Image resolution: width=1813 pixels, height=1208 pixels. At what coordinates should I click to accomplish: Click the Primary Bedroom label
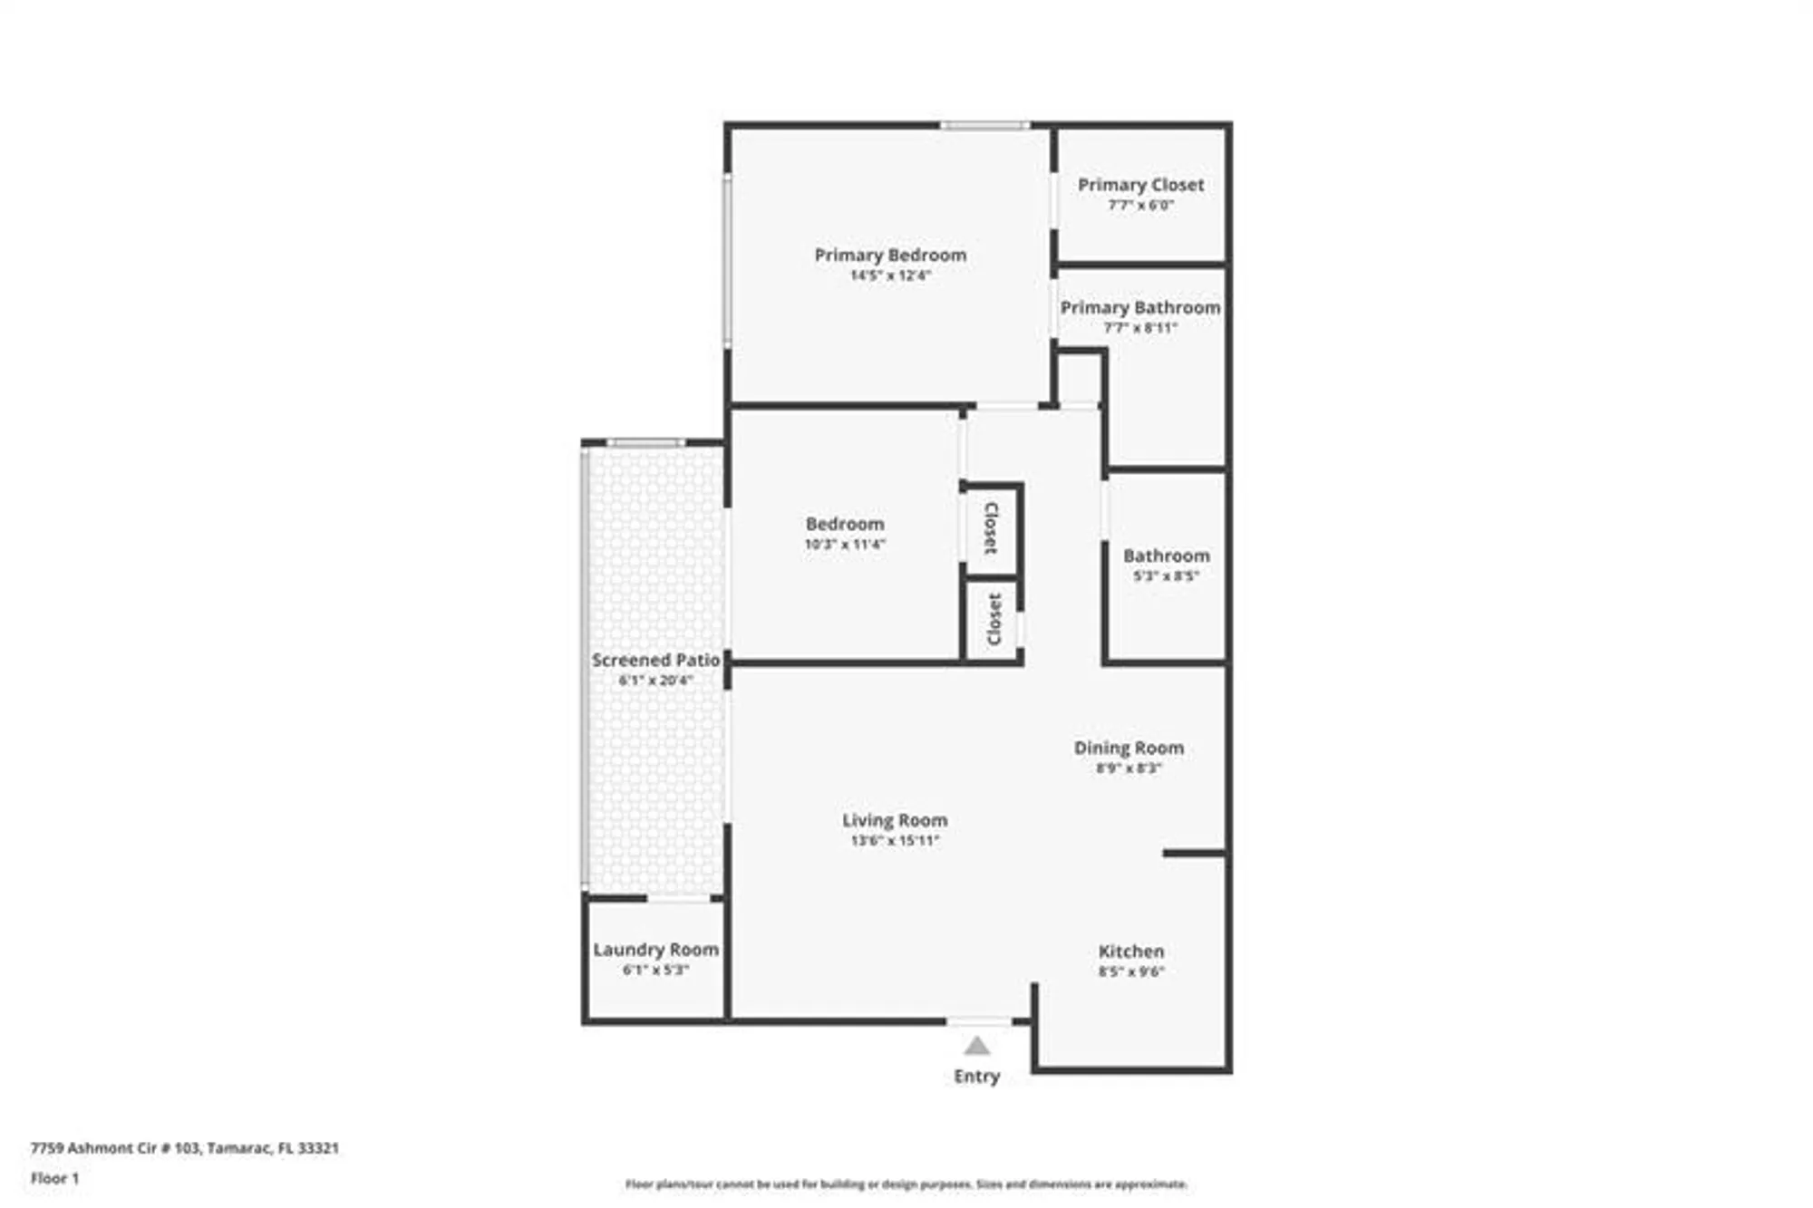(890, 256)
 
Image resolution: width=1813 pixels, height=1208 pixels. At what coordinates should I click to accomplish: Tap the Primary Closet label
(1140, 185)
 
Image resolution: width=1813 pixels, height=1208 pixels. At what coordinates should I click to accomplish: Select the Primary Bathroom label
(1139, 308)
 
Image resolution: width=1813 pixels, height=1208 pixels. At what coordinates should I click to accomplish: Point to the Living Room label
(895, 820)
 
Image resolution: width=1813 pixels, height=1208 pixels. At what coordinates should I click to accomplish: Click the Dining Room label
(1129, 748)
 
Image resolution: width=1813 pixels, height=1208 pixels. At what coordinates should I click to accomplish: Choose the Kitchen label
(1130, 952)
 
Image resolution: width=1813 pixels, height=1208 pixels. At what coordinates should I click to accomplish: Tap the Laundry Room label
(655, 950)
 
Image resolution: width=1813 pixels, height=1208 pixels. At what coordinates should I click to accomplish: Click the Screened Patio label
(655, 660)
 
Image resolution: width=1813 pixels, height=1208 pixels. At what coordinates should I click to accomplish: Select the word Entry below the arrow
(976, 1077)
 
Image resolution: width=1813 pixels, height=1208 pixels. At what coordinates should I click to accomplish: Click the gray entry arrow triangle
(976, 1047)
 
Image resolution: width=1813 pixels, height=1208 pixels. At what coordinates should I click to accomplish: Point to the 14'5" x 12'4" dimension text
(890, 275)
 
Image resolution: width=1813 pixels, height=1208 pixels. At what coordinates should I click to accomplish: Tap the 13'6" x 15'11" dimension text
(895, 841)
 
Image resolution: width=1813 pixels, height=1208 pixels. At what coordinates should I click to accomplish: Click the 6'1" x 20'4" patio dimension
(655, 681)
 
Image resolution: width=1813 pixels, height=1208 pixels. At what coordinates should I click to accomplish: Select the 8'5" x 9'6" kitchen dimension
(1130, 971)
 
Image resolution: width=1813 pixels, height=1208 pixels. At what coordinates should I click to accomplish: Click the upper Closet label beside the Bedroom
(992, 528)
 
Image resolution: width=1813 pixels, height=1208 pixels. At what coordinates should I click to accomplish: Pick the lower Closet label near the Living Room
(994, 620)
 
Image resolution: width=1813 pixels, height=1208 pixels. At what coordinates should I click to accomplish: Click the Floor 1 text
(54, 1178)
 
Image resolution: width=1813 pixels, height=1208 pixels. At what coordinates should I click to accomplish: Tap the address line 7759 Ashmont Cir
(184, 1148)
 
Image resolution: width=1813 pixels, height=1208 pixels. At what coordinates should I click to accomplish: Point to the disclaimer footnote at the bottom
(906, 1184)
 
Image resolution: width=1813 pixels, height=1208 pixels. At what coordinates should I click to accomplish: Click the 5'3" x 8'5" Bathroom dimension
(1166, 576)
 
